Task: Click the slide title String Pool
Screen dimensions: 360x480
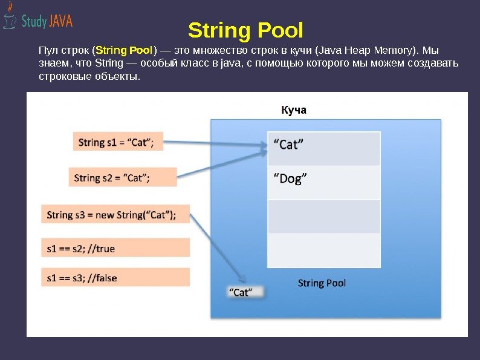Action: [245, 30]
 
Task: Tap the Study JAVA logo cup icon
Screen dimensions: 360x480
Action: [9, 19]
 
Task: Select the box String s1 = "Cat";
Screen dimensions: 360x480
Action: [117, 142]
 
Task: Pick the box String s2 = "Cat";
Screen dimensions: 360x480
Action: [123, 177]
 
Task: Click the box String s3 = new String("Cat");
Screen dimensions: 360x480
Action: [115, 214]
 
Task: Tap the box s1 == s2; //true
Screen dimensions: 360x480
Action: [115, 247]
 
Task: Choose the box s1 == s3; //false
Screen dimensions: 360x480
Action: [115, 278]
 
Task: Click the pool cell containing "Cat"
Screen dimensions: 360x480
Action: [324, 148]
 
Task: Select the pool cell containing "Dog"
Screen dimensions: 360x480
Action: [324, 182]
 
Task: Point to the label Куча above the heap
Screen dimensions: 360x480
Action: [294, 110]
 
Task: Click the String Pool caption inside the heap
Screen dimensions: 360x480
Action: [322, 283]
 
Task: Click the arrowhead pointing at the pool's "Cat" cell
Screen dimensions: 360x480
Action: [261, 145]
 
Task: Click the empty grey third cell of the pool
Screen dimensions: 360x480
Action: [324, 217]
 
